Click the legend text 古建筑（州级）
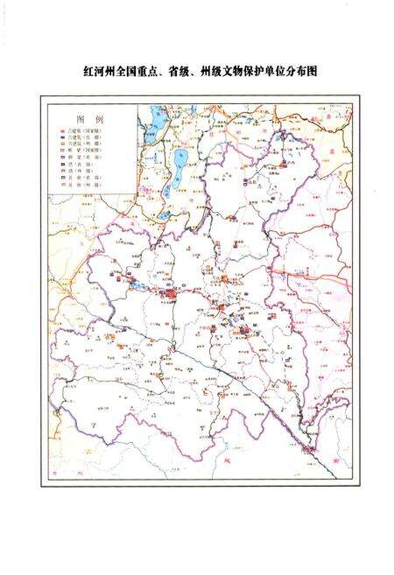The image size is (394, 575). click(x=84, y=143)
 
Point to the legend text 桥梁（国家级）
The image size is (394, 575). click(x=84, y=150)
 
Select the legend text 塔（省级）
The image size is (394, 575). click(x=81, y=164)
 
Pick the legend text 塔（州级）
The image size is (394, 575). click(x=81, y=171)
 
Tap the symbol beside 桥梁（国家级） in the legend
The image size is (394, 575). click(x=61, y=150)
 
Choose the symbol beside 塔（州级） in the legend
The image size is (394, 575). click(x=61, y=171)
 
